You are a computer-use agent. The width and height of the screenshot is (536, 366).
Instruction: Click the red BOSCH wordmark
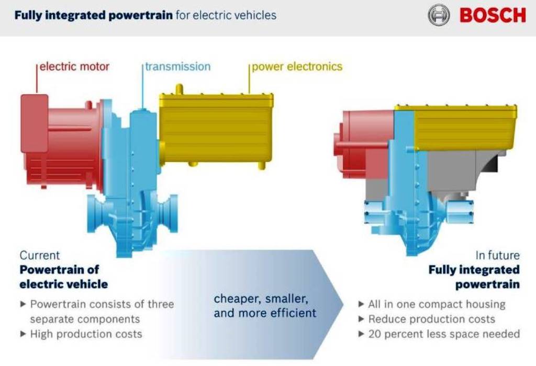click(x=493, y=15)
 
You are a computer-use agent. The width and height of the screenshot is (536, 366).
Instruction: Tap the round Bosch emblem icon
click(x=439, y=15)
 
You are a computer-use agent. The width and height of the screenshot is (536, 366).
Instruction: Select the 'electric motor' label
click(x=74, y=66)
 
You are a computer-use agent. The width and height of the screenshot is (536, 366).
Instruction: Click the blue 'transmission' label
click(x=178, y=66)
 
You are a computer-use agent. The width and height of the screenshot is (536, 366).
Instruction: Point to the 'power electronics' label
click(x=297, y=66)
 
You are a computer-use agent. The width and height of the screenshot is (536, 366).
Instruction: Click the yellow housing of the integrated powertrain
click(x=465, y=127)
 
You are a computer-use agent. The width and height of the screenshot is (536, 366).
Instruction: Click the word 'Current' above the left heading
click(x=40, y=255)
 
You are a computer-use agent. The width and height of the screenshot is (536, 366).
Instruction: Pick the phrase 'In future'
click(x=497, y=255)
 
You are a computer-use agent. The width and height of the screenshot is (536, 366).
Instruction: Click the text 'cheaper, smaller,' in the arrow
click(x=261, y=299)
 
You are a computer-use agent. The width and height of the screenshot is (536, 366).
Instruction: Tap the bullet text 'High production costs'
click(x=86, y=334)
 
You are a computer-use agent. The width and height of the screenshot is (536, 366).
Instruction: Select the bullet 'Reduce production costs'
click(x=431, y=319)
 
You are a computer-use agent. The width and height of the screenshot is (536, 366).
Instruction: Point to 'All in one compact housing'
click(x=437, y=304)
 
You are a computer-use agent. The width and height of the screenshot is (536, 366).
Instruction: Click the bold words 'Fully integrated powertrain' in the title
click(x=93, y=15)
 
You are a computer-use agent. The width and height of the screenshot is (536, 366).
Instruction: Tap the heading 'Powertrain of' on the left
click(x=59, y=270)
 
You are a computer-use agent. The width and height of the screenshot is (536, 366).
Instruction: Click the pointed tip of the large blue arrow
click(x=343, y=304)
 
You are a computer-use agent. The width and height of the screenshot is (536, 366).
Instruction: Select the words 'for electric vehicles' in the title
click(x=226, y=15)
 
